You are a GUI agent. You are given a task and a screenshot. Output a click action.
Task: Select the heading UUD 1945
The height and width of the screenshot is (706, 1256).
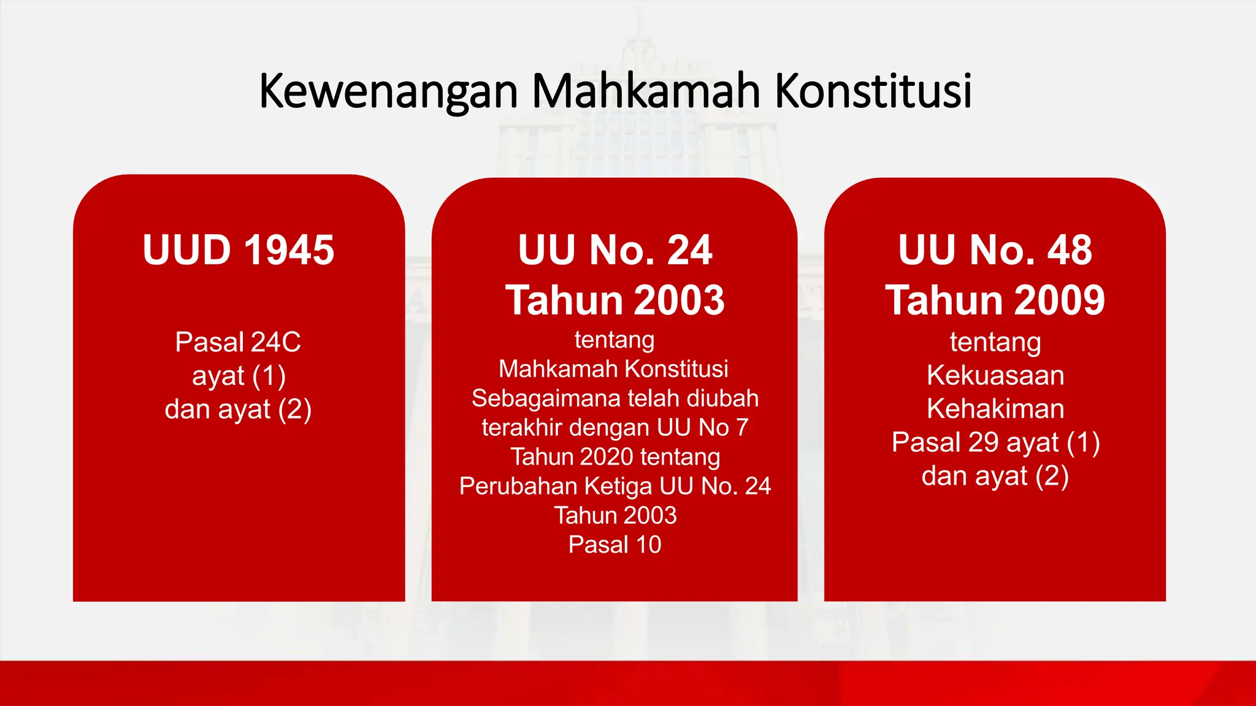(239, 250)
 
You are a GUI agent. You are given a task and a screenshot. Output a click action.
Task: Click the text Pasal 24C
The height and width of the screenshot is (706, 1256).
(238, 342)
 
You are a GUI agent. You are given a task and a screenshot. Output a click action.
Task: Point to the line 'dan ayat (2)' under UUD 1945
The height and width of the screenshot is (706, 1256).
(238, 409)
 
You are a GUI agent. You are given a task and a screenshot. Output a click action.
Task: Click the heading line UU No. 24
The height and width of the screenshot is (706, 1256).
(615, 250)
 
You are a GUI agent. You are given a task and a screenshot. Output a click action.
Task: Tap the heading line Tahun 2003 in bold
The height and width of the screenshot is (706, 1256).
(615, 300)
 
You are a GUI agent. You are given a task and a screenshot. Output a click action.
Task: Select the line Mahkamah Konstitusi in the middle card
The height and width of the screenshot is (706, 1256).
(613, 369)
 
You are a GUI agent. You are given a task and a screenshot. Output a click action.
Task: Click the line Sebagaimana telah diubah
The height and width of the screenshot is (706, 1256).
(615, 398)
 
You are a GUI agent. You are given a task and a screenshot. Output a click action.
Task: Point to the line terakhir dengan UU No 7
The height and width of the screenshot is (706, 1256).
(615, 427)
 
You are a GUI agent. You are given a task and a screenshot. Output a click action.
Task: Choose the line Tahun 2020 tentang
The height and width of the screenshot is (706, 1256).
(615, 457)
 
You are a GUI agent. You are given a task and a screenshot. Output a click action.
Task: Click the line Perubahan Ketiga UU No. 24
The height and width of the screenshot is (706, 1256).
(615, 486)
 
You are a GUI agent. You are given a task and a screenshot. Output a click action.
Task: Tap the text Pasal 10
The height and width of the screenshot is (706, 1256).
(615, 544)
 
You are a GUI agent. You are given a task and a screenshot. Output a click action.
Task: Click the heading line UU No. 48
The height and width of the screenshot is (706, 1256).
(995, 250)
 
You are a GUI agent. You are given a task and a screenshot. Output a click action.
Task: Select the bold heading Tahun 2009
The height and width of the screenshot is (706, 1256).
(995, 300)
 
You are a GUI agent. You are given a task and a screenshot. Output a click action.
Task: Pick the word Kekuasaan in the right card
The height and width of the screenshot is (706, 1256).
(995, 375)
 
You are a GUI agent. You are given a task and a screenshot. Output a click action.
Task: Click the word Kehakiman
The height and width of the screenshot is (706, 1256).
(995, 409)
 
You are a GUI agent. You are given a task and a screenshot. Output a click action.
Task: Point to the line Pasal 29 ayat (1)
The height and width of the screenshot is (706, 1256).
(995, 442)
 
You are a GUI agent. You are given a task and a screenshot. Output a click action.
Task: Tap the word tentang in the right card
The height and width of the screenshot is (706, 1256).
(995, 342)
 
